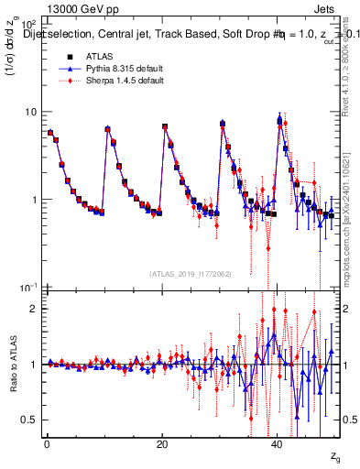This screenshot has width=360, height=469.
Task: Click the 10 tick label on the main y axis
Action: [x=29, y=112]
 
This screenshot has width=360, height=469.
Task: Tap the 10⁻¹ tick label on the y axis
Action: [x=27, y=288]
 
